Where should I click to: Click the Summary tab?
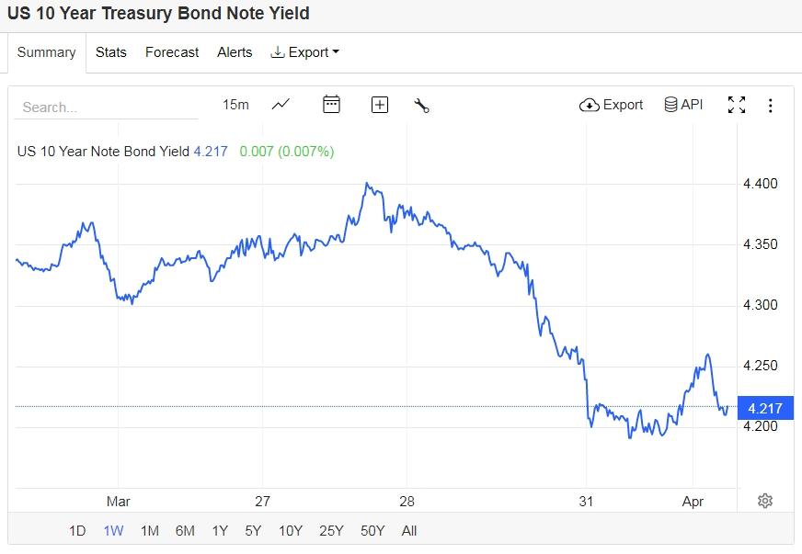(x=46, y=52)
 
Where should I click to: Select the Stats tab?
(x=110, y=52)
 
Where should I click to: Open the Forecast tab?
(x=172, y=52)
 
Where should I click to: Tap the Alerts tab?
(x=235, y=52)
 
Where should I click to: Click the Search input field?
(x=106, y=107)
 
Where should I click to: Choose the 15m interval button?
(x=235, y=105)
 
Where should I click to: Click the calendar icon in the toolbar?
(x=332, y=105)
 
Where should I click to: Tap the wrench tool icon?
(x=422, y=105)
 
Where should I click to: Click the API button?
(x=683, y=105)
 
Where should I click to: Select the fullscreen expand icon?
(x=737, y=105)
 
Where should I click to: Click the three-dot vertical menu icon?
(x=771, y=105)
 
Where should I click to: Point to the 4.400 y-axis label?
(x=760, y=184)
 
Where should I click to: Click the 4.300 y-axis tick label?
(x=760, y=305)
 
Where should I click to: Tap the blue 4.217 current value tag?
(x=765, y=408)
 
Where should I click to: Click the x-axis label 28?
(x=407, y=501)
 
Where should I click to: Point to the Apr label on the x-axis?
(x=693, y=501)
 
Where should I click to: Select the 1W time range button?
(x=114, y=530)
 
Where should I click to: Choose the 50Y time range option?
(x=372, y=530)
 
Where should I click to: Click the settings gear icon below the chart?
(x=765, y=501)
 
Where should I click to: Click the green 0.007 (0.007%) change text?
(x=286, y=151)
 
